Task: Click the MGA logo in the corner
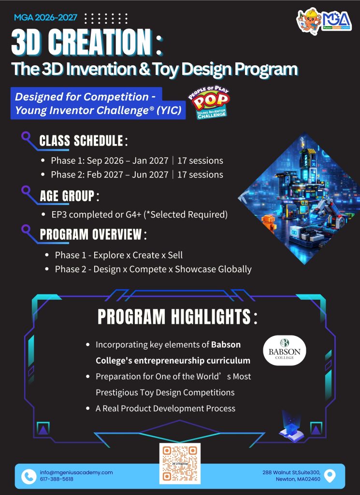(x=324, y=19)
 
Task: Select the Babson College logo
(x=285, y=350)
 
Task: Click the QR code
(x=180, y=464)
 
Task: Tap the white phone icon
(x=29, y=476)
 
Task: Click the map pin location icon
(x=330, y=476)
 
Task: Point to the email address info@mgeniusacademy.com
(x=76, y=473)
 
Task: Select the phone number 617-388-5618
(x=57, y=479)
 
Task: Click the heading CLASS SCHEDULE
(x=81, y=141)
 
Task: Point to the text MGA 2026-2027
(x=45, y=17)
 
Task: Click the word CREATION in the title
(x=100, y=43)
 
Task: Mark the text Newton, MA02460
(x=298, y=479)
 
